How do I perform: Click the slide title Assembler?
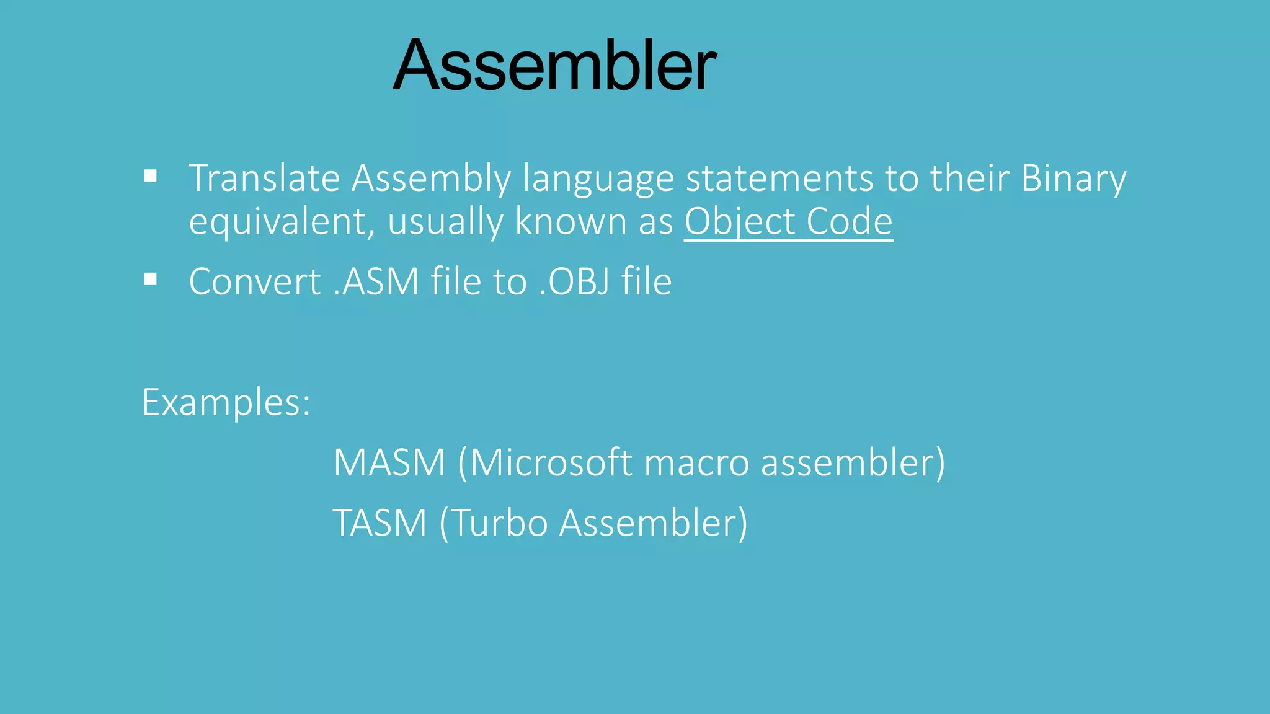tap(554, 66)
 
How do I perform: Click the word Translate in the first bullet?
tap(264, 178)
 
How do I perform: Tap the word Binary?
tap(1073, 178)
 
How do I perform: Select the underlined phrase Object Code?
tap(788, 221)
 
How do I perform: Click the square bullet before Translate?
tap(150, 177)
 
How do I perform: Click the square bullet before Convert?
tap(150, 280)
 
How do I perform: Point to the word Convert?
tap(254, 281)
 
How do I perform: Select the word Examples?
tap(226, 403)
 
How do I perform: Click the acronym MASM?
tap(389, 462)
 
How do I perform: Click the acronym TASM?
tap(380, 522)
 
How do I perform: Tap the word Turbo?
tap(500, 522)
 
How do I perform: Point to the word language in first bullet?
tap(598, 178)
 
